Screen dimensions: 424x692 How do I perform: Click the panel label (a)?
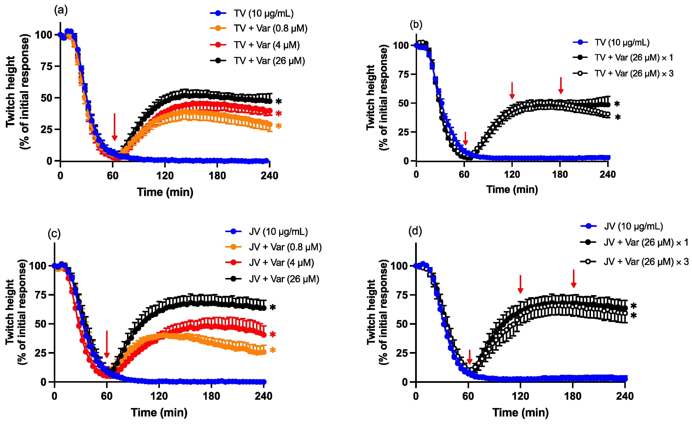61,10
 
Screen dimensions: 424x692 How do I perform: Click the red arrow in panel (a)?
114,127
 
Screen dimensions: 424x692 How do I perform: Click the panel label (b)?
416,25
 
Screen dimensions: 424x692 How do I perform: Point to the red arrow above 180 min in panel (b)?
561,86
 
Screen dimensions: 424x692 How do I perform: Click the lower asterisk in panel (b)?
618,117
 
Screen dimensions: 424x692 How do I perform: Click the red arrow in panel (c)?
107,344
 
